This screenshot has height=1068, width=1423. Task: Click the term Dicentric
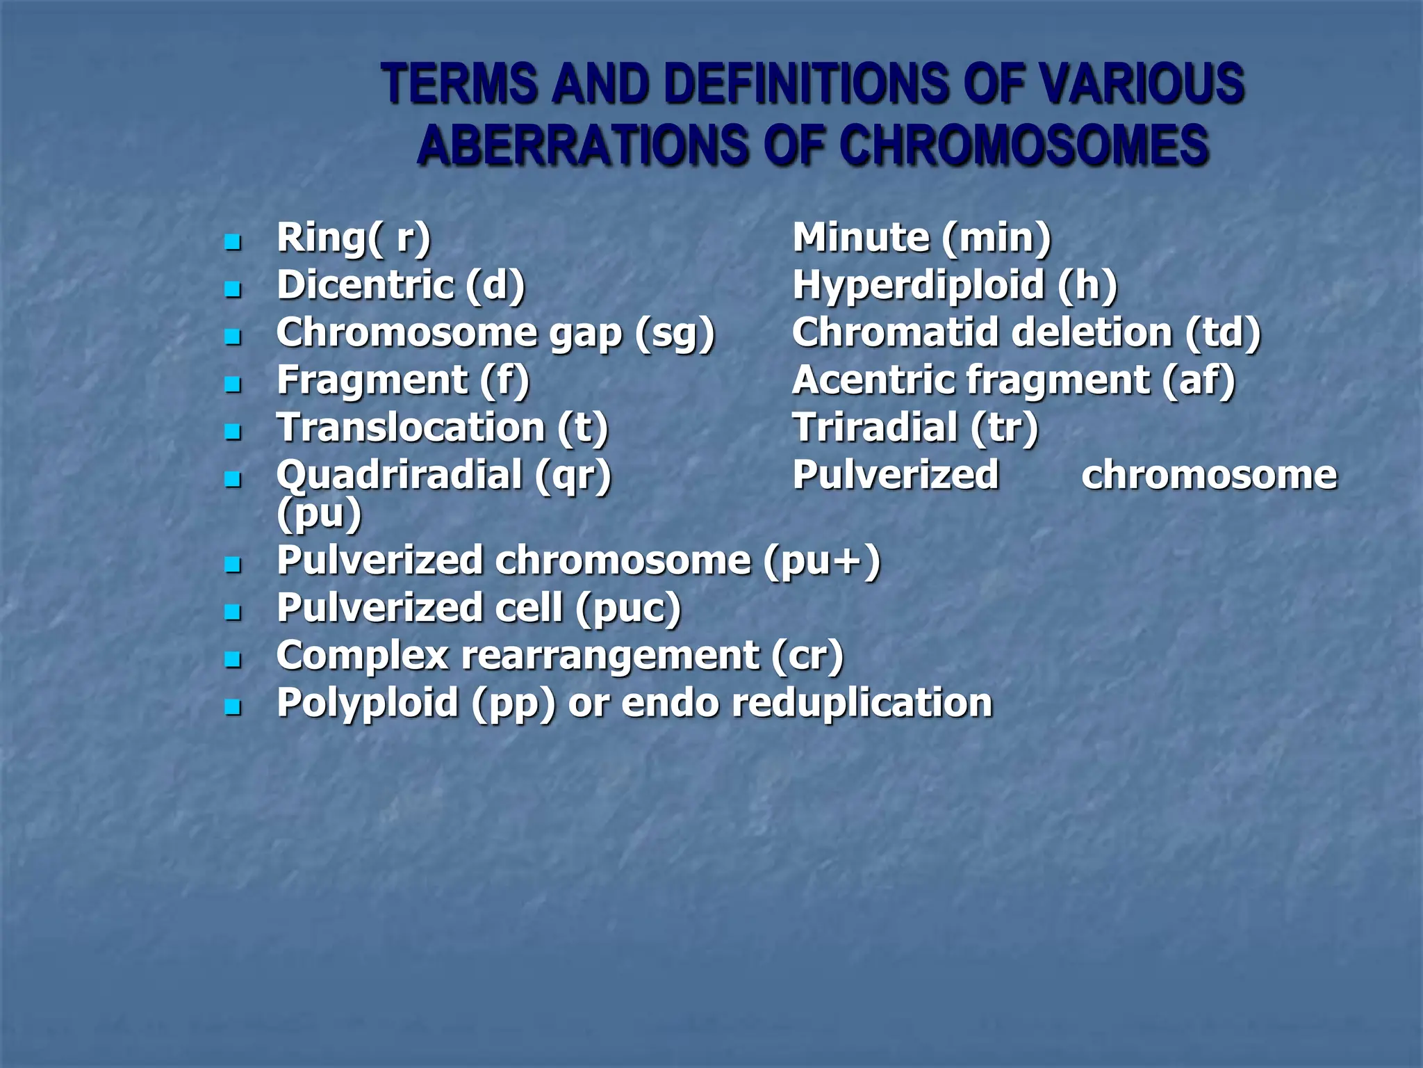point(365,285)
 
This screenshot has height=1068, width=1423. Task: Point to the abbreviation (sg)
point(675,334)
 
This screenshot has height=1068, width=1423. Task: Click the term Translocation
point(411,428)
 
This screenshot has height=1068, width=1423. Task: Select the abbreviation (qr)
point(573,476)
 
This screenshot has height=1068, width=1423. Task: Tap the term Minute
point(861,238)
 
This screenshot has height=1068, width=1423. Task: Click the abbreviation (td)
point(1223,333)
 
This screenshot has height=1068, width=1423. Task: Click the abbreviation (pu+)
point(822,561)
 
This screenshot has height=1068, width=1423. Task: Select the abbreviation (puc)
point(628,609)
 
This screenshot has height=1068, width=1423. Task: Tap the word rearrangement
point(610,656)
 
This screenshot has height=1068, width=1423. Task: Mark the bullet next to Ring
point(233,243)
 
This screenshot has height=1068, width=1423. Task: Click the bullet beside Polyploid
point(233,708)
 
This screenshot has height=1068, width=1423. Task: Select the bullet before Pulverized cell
point(233,613)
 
